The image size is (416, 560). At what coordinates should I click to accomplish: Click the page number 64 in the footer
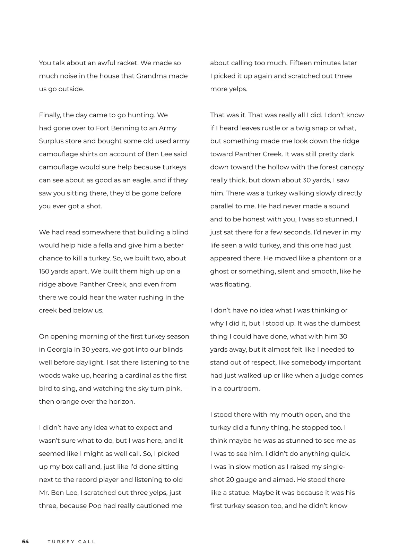[25, 542]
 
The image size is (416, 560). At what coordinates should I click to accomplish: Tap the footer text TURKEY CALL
[71, 542]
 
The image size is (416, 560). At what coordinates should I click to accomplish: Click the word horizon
[121, 402]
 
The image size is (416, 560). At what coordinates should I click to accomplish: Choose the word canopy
[351, 167]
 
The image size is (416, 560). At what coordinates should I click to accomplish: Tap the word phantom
[332, 258]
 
